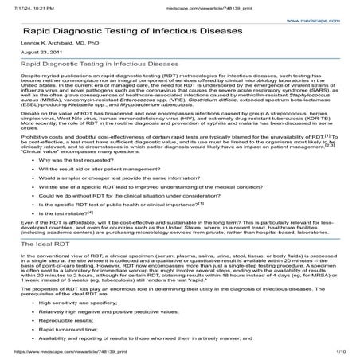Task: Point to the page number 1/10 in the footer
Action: (340, 351)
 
